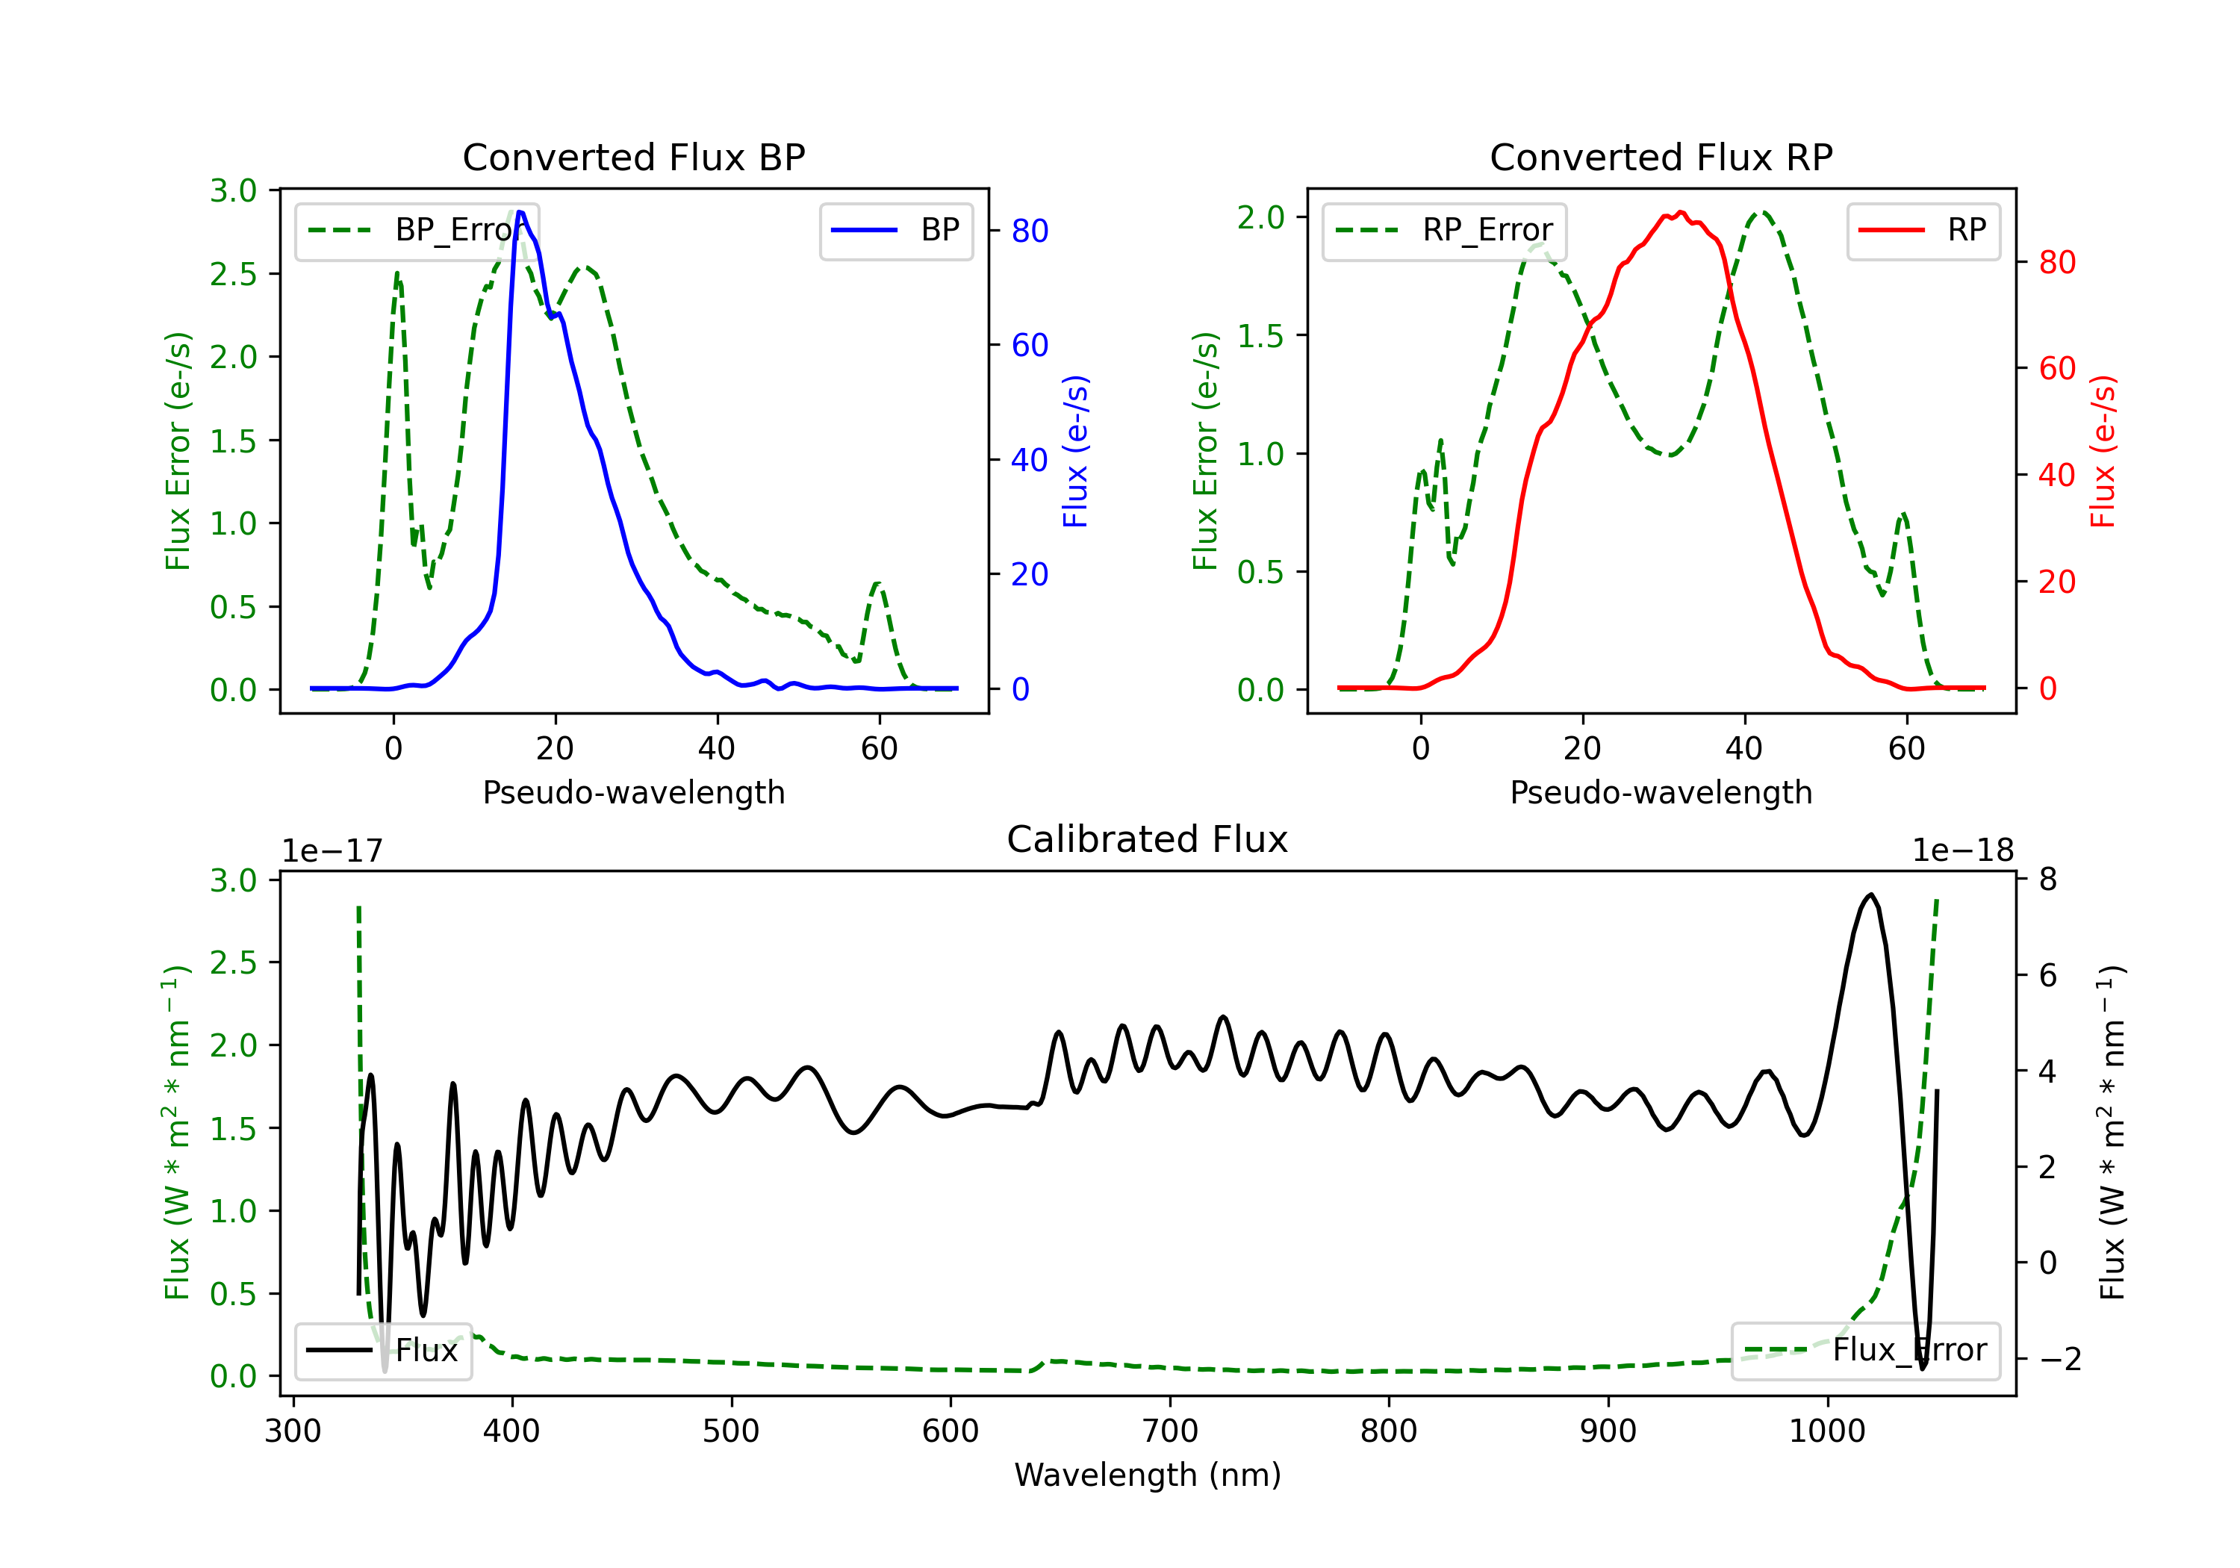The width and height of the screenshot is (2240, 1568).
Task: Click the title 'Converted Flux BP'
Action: (x=633, y=157)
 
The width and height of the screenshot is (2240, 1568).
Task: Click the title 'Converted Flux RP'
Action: (x=1661, y=157)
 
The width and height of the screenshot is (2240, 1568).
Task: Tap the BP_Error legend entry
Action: (x=417, y=230)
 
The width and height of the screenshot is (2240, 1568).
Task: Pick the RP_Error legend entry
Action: (x=1444, y=230)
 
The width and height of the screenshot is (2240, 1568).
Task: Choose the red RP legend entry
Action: (x=1923, y=230)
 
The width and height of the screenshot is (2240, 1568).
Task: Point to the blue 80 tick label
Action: (x=1029, y=231)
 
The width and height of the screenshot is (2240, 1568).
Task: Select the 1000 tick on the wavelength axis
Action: (x=1826, y=1431)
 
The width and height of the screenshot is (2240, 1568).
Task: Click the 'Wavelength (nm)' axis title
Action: (x=1148, y=1475)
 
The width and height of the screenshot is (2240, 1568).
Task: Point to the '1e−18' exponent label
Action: (x=1962, y=851)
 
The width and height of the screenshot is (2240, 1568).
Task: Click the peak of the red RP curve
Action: (x=1680, y=212)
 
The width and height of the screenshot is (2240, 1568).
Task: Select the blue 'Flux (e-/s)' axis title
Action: (x=1075, y=452)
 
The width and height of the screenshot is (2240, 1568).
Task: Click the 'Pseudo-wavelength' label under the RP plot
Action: (x=1661, y=792)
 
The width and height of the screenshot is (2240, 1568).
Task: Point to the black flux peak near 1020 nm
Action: (x=1870, y=894)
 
